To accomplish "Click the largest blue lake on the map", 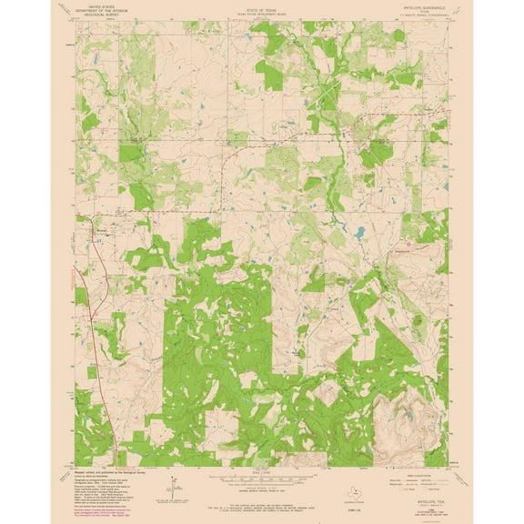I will coord(359,234).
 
